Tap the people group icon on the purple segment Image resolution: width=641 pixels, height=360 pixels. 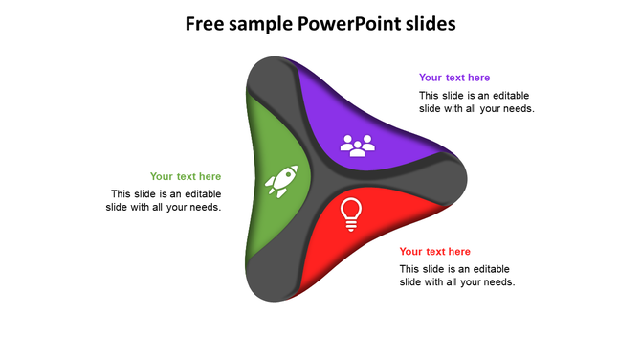[x=358, y=146]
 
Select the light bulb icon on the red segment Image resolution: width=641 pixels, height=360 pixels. [x=351, y=214]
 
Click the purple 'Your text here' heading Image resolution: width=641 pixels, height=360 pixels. [x=454, y=78]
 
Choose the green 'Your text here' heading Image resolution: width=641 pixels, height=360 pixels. [x=186, y=176]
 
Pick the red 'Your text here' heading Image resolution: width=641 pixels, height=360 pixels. [x=435, y=252]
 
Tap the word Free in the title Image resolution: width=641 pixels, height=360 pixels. [x=207, y=23]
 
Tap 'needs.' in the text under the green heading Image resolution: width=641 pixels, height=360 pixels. [x=204, y=207]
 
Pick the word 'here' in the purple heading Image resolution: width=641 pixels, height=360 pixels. [x=477, y=78]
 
